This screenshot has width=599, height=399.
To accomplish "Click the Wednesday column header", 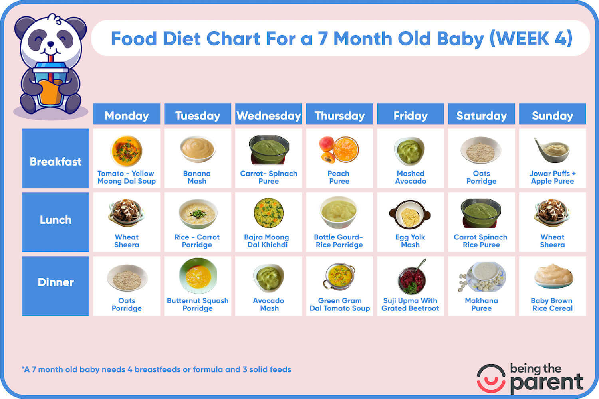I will pyautogui.click(x=268, y=116).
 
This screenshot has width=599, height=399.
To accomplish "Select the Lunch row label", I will pyautogui.click(x=56, y=220).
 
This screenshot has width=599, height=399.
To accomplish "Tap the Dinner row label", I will pyautogui.click(x=56, y=282).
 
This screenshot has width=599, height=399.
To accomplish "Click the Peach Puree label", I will pyautogui.click(x=339, y=177).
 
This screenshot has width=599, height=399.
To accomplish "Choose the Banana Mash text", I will pyautogui.click(x=197, y=177).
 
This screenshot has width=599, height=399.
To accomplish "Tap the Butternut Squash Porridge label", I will pyautogui.click(x=198, y=304).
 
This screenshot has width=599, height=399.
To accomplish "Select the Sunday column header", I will pyautogui.click(x=552, y=116).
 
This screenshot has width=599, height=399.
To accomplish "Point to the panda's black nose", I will pyautogui.click(x=51, y=44).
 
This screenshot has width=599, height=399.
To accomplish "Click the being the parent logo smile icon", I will pyautogui.click(x=491, y=379).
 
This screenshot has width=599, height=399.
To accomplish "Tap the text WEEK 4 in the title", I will pyautogui.click(x=532, y=39).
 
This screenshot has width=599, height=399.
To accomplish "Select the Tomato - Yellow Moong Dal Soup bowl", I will pyautogui.click(x=126, y=151).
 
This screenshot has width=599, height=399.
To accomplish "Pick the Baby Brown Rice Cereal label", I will pyautogui.click(x=552, y=304).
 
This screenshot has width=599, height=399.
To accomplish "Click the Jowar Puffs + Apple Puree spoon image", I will pyautogui.click(x=552, y=150).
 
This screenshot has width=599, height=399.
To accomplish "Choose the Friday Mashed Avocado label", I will pyautogui.click(x=411, y=177).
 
